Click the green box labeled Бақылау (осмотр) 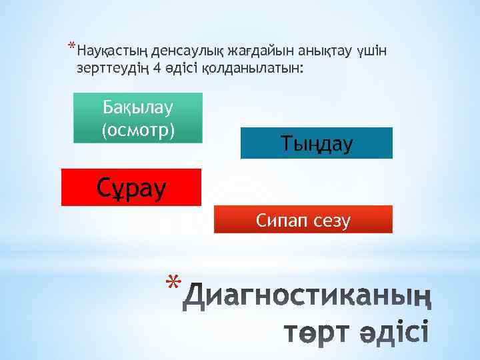coord(137,118)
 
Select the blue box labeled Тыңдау coord(316,143)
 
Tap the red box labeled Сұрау coord(131,187)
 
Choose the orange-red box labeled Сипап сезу coord(303,220)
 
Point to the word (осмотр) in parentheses coord(137,129)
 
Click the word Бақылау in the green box coord(137,107)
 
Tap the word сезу coord(330,220)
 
